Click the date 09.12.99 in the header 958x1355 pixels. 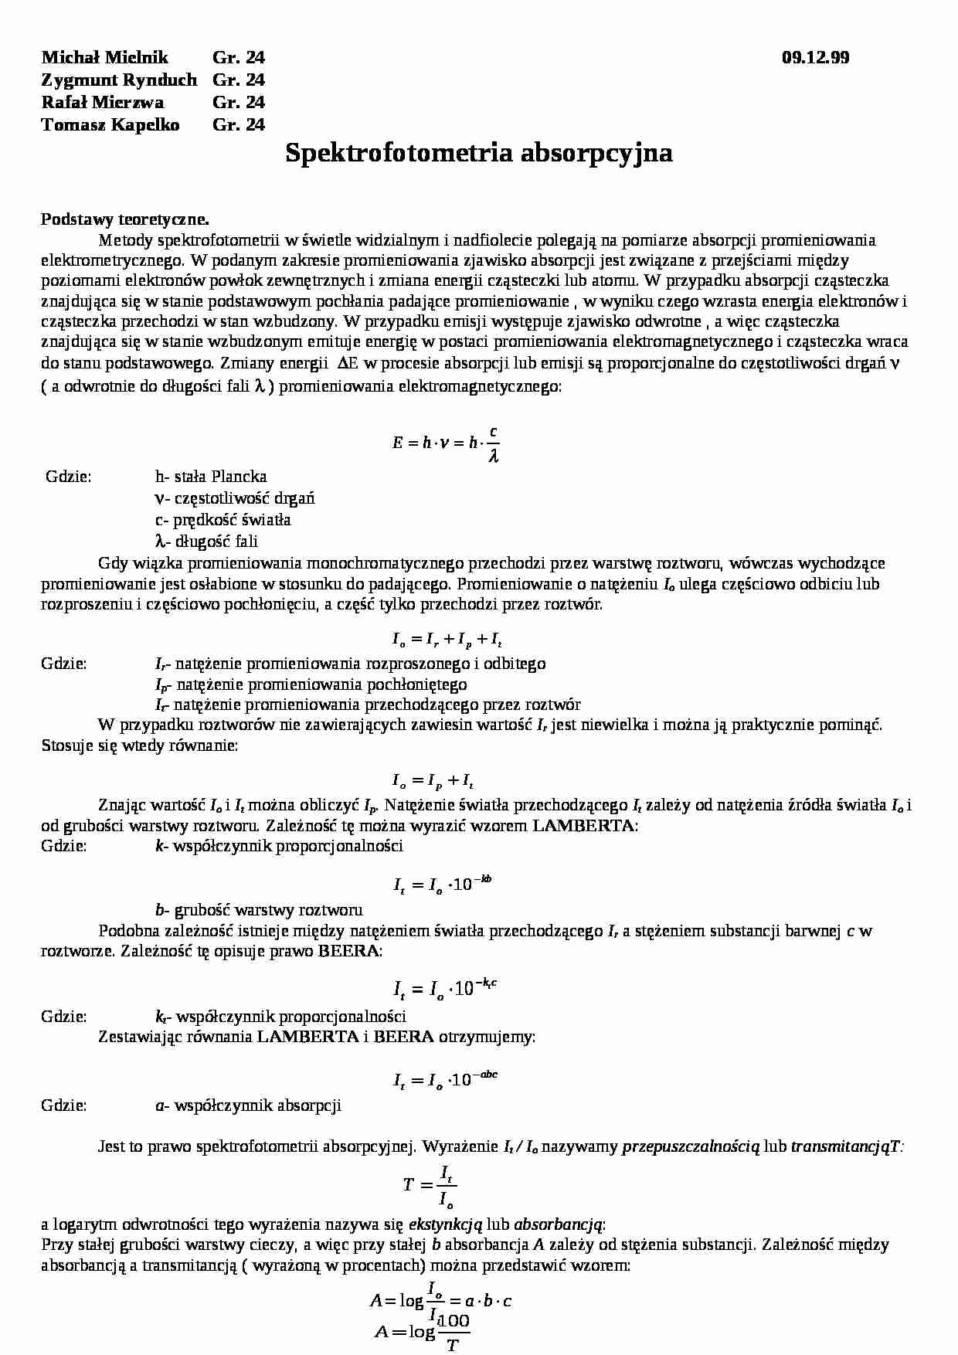click(x=815, y=57)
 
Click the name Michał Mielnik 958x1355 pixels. click(x=104, y=57)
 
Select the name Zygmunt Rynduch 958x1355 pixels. click(x=119, y=80)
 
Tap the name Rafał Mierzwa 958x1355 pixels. click(x=102, y=102)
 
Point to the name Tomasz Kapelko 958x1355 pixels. click(x=110, y=124)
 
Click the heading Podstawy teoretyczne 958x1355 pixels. click(x=125, y=219)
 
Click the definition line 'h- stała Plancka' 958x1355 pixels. click(x=211, y=477)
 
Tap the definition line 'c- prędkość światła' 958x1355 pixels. click(x=223, y=520)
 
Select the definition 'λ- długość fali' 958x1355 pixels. click(x=206, y=541)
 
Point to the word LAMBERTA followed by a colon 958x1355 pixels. click(x=583, y=826)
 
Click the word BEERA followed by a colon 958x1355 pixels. click(x=349, y=951)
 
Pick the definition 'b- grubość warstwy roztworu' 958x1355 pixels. click(x=259, y=910)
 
